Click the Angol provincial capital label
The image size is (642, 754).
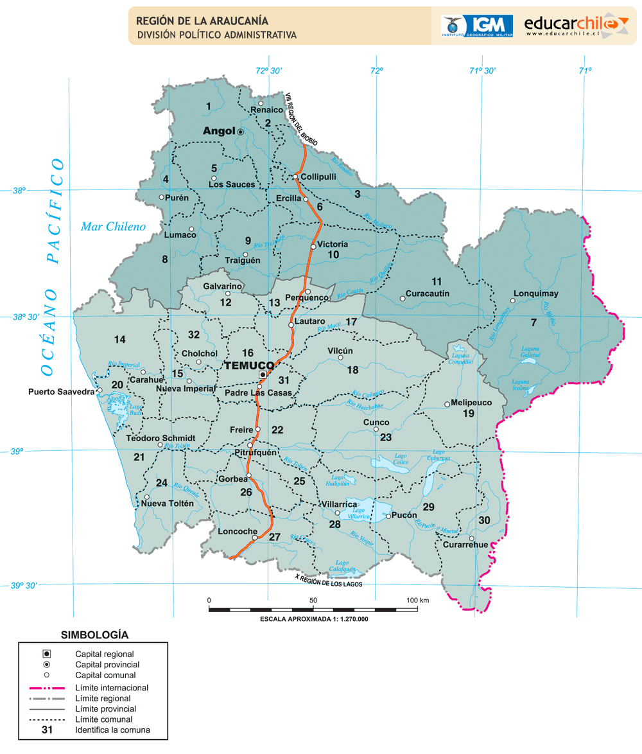(219, 131)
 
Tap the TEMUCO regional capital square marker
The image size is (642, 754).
(263, 374)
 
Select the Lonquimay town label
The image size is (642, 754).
(536, 294)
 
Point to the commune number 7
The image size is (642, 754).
(534, 321)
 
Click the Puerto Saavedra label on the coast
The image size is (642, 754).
(62, 391)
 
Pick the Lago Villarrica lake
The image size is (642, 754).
(369, 507)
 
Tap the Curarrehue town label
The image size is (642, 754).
(465, 545)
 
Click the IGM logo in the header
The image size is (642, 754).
(476, 25)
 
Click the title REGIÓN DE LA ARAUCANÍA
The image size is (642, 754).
(202, 22)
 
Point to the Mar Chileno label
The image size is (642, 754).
(113, 226)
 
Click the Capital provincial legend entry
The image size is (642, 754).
(107, 665)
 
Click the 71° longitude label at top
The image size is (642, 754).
(584, 71)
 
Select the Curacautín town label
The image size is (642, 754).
(428, 294)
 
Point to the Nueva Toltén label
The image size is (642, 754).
(167, 504)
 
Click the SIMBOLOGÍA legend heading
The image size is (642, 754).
(94, 635)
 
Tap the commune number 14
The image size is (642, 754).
(120, 339)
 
